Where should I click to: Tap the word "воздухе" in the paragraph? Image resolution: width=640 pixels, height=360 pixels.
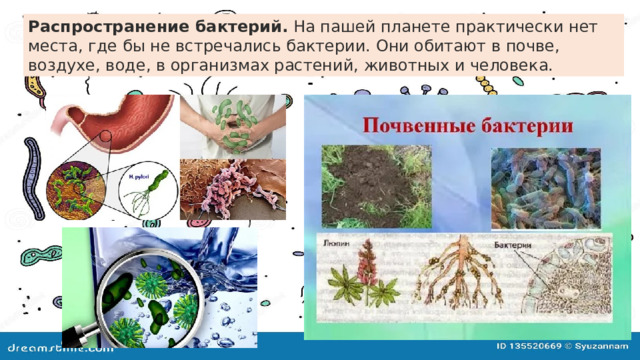[x=64, y=64]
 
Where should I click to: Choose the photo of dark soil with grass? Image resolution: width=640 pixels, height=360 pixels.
[x=375, y=185]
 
